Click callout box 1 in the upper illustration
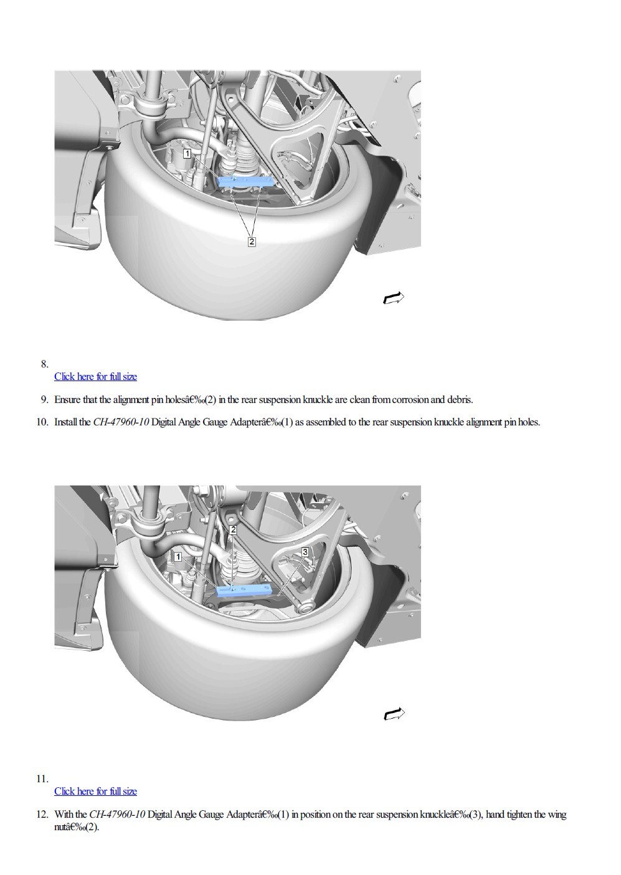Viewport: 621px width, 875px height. pyautogui.click(x=187, y=154)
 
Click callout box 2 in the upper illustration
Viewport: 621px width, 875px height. pyautogui.click(x=252, y=242)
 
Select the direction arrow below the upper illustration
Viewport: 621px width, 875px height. pyautogui.click(x=393, y=298)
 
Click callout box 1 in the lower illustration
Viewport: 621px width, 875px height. pyautogui.click(x=178, y=557)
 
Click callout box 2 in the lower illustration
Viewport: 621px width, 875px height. pyautogui.click(x=233, y=530)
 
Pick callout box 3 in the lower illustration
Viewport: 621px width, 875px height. pyautogui.click(x=305, y=552)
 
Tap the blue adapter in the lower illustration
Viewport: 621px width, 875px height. pyautogui.click(x=245, y=590)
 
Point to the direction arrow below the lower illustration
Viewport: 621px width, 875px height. pyautogui.click(x=394, y=714)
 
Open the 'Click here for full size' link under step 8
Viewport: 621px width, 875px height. pyautogui.click(x=96, y=377)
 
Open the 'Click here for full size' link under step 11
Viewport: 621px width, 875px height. pyautogui.click(x=96, y=792)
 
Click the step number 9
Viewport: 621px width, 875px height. pyautogui.click(x=44, y=400)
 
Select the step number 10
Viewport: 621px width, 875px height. pyautogui.click(x=42, y=422)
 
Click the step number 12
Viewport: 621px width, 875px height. pyautogui.click(x=42, y=815)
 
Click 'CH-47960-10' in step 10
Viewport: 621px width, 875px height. pyautogui.click(x=121, y=422)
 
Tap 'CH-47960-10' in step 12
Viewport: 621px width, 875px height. pyautogui.click(x=117, y=815)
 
